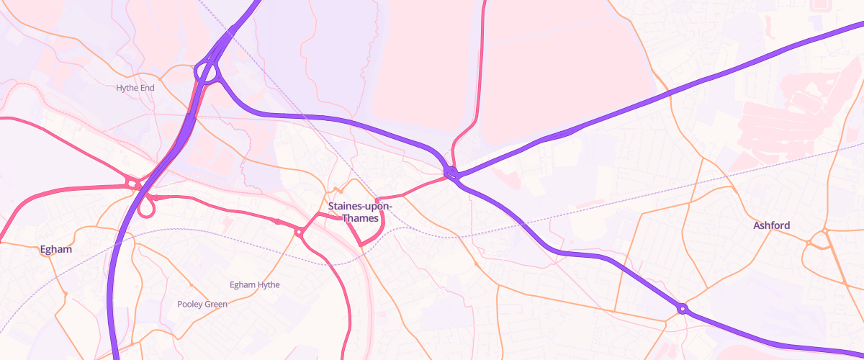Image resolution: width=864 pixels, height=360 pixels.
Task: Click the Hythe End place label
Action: point(135,88)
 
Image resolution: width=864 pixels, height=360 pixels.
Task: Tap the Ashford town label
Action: point(771,225)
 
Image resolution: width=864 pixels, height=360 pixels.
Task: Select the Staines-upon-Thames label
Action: point(360,212)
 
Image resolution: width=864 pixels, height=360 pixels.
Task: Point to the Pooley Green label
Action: point(202,304)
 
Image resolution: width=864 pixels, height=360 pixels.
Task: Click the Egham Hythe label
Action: point(254,284)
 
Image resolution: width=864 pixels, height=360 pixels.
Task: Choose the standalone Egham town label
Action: point(56,249)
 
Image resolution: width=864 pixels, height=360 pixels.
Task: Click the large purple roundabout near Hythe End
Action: point(207,73)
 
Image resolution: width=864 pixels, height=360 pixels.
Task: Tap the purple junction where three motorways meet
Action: point(452,173)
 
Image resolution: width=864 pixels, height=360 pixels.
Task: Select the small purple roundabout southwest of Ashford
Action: point(682,310)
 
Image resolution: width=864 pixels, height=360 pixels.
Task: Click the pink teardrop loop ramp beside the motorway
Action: point(147,207)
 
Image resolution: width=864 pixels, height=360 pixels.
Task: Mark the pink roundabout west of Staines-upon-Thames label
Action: point(299,232)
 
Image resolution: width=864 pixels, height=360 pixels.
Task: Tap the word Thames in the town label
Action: point(360,218)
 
